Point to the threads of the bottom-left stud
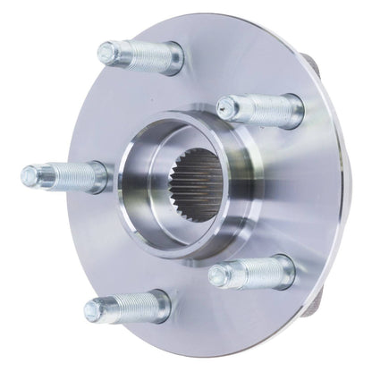(122, 309)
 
